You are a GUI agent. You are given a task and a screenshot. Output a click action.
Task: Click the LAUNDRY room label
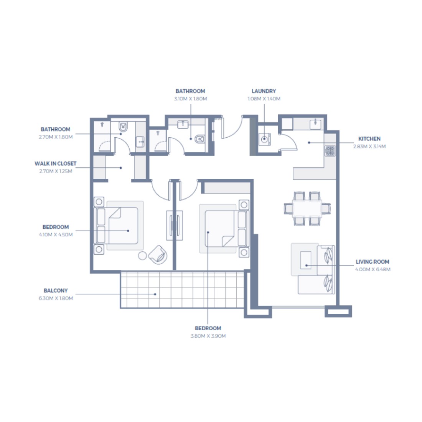pyautogui.click(x=264, y=91)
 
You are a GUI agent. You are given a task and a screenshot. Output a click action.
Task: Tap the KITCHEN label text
pyautogui.click(x=369, y=138)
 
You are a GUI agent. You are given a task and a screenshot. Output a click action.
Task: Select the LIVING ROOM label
pyautogui.click(x=373, y=262)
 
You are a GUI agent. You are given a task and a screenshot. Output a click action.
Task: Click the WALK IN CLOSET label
pyautogui.click(x=56, y=163)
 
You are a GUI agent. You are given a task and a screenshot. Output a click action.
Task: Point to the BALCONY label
pyautogui.click(x=56, y=290)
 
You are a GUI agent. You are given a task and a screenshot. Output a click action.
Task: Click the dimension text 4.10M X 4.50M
pyautogui.click(x=56, y=235)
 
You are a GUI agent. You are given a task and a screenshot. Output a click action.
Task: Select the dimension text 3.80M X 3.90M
pyautogui.click(x=208, y=336)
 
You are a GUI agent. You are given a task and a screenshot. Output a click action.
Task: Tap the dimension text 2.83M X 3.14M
pyautogui.click(x=369, y=147)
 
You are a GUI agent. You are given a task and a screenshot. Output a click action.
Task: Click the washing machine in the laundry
pyautogui.click(x=265, y=139)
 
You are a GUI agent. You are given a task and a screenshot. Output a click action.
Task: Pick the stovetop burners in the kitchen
pyautogui.click(x=330, y=151)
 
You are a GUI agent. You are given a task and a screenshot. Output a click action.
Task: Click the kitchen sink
pyautogui.click(x=315, y=124)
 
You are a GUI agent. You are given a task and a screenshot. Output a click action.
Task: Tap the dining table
pyautogui.click(x=307, y=208)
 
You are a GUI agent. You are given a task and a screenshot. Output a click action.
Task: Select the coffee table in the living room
pyautogui.click(x=306, y=260)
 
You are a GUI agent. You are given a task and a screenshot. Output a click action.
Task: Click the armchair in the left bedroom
pyautogui.click(x=158, y=255)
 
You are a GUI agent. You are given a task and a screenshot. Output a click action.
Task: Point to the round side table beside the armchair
pyautogui.click(x=142, y=256)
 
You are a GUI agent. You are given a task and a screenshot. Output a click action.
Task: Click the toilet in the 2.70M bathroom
pyautogui.click(x=123, y=127)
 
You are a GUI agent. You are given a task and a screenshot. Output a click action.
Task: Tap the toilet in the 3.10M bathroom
pyautogui.click(x=199, y=139)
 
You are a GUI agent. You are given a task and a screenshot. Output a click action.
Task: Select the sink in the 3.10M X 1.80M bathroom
pyautogui.click(x=183, y=124)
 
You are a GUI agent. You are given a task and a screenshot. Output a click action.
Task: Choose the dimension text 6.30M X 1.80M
pyautogui.click(x=56, y=298)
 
